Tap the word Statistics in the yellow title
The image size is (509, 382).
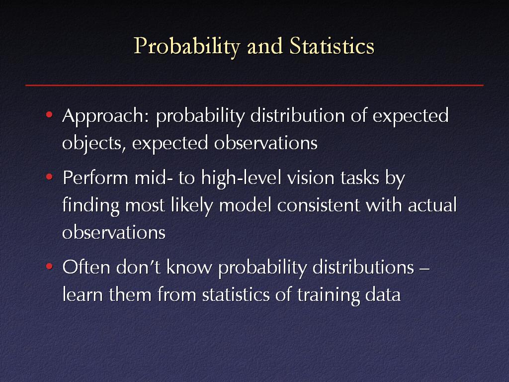(332, 46)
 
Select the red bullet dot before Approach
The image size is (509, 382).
(49, 114)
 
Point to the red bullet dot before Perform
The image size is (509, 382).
(49, 177)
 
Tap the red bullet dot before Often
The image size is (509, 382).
(49, 267)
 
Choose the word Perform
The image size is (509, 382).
(95, 178)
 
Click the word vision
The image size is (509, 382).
(311, 178)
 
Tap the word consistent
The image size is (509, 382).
(319, 205)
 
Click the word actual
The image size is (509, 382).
(432, 205)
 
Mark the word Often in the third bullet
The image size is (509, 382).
(86, 267)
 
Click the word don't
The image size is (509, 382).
(138, 267)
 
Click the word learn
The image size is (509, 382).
(83, 294)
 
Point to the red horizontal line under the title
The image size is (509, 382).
(254, 85)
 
